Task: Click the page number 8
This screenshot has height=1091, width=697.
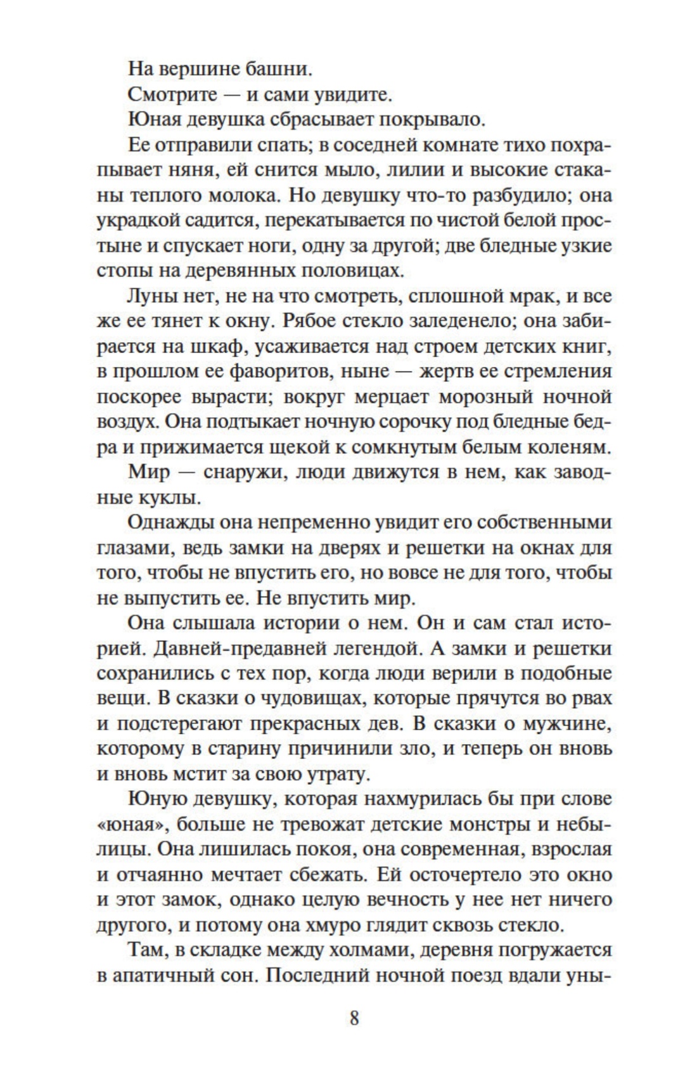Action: tap(354, 1019)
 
